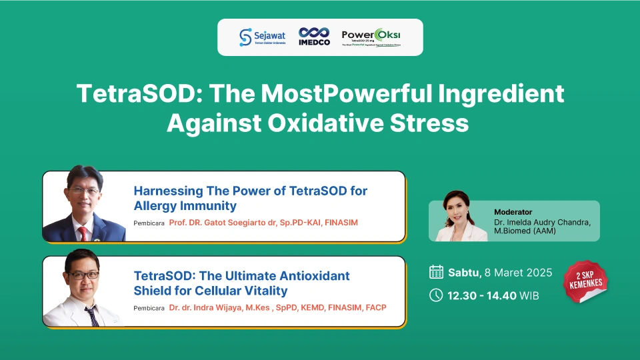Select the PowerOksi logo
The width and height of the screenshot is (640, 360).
pos(371,37)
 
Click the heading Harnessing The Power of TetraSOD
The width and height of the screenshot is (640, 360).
pos(250,191)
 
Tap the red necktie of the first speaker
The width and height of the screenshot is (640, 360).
pos(83,233)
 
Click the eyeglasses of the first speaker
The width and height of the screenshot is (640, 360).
pos(85,191)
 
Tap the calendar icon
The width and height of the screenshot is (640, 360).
pos(436,271)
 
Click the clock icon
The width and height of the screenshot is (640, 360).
pos(436,295)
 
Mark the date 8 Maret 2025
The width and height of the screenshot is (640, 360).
pos(517,272)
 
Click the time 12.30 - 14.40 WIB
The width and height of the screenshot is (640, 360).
pos(493,295)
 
